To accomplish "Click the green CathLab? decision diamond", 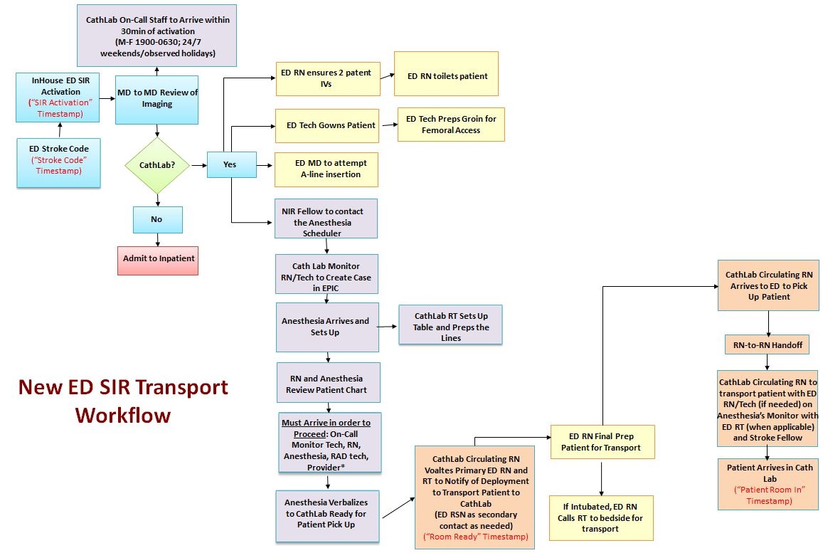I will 157,165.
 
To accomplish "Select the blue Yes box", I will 230,164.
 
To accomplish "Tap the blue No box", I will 157,219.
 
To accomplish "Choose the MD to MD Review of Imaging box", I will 157,99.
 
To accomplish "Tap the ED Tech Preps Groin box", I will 451,125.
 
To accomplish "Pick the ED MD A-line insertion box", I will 326,169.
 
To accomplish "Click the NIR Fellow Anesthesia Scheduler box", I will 326,218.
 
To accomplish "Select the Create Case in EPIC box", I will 326,274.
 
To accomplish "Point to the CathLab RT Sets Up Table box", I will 450,325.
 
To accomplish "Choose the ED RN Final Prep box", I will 601,441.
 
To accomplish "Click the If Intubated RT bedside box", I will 601,518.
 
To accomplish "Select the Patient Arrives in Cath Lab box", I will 768,484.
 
